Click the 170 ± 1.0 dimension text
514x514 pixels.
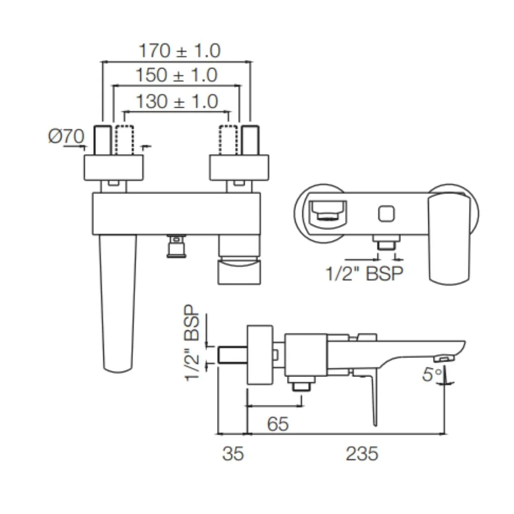point(179,50)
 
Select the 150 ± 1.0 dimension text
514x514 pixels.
point(176,75)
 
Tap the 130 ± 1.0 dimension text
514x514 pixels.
point(177,101)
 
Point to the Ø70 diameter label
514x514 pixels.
point(66,137)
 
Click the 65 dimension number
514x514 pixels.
point(277,424)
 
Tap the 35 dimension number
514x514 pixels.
point(233,454)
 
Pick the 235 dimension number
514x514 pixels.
point(362,454)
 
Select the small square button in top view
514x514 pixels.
point(386,214)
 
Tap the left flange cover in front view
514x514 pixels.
point(113,168)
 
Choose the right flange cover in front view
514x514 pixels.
point(239,168)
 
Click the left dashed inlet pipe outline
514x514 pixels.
point(125,139)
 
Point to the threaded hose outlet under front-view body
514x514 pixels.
point(176,247)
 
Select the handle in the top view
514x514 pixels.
point(449,238)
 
